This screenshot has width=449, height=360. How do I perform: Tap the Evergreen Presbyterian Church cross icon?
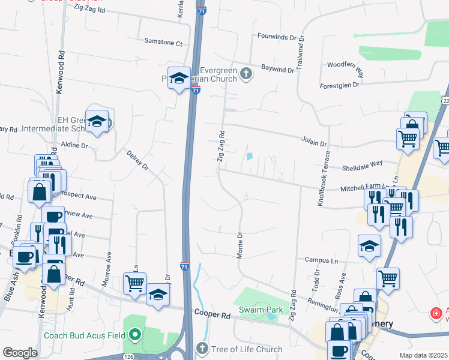pyautogui.click(x=246, y=74)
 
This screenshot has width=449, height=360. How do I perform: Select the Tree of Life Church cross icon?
pyautogui.click(x=202, y=349)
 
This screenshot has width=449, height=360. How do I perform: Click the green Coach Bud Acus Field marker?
pyautogui.click(x=135, y=334)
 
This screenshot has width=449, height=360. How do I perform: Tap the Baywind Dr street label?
pyautogui.click(x=278, y=70)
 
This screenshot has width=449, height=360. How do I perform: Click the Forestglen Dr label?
pyautogui.click(x=339, y=85)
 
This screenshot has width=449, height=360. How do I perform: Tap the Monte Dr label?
pyautogui.click(x=239, y=245)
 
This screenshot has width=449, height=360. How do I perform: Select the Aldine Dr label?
pyautogui.click(x=74, y=146)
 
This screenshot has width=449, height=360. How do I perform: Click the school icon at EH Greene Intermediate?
pyautogui.click(x=97, y=122)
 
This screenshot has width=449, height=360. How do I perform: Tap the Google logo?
pyautogui.click(x=20, y=353)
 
